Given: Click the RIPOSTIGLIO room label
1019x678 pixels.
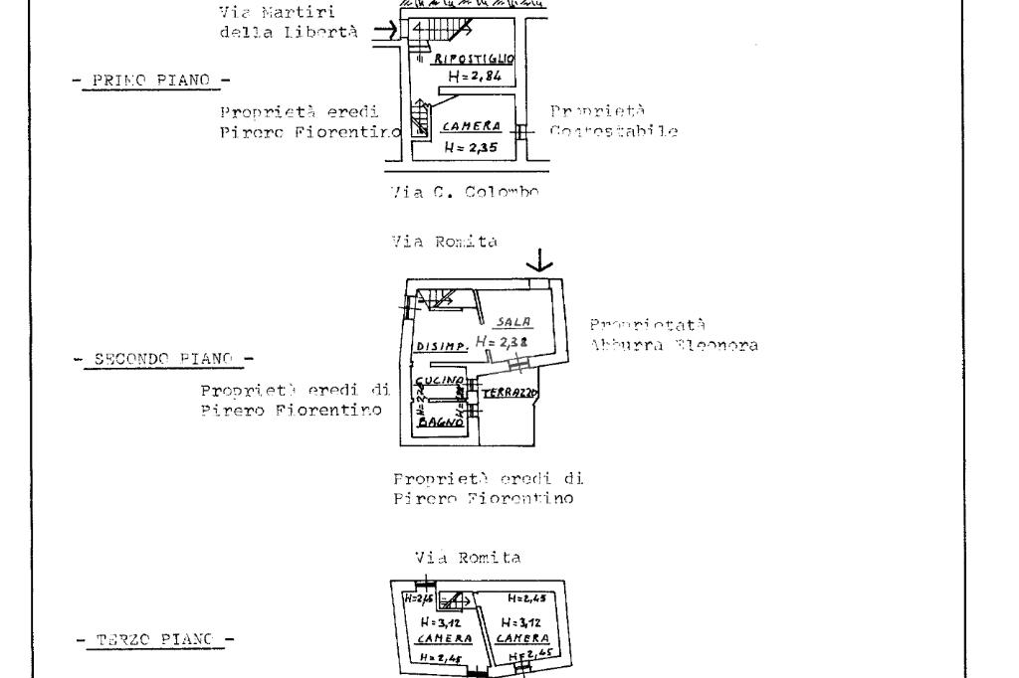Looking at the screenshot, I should tap(470, 58).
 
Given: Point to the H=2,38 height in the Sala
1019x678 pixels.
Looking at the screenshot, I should tap(500, 341).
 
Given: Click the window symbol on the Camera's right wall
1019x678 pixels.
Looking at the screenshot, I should tap(522, 128).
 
